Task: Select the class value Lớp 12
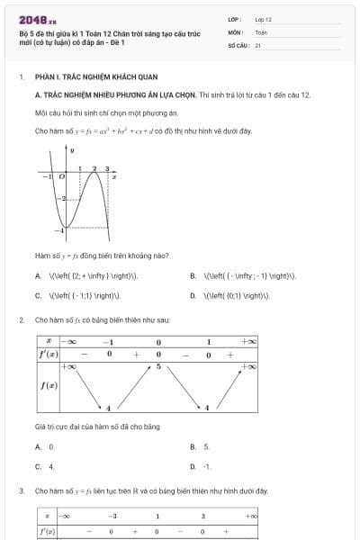(x=263, y=18)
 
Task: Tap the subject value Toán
(x=261, y=31)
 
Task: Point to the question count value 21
(x=257, y=44)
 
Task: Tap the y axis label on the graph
(x=72, y=149)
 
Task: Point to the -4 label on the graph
(x=59, y=232)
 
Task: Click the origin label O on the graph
(x=61, y=177)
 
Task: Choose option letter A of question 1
(x=38, y=276)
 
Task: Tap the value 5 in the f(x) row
(x=158, y=367)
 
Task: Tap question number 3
(x=21, y=490)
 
